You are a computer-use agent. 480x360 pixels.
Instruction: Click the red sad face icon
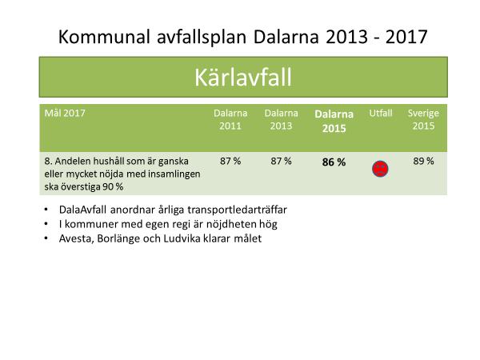point(380,169)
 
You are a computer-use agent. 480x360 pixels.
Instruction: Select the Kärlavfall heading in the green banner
point(243,78)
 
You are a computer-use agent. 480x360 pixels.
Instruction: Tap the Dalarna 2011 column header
point(230,119)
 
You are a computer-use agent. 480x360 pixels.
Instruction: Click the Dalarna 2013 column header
point(281,119)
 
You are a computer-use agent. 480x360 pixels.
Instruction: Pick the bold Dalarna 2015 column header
point(334,122)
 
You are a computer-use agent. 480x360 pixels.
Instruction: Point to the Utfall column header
point(381,114)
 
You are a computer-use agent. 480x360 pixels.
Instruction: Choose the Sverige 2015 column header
point(423,119)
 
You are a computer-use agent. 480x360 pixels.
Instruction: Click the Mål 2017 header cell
point(65,113)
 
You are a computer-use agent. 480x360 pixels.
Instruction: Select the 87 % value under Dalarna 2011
point(230,161)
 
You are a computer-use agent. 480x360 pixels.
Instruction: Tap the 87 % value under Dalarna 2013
point(281,161)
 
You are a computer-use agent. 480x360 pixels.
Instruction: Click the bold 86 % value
point(334,162)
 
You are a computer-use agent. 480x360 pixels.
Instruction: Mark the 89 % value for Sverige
point(423,161)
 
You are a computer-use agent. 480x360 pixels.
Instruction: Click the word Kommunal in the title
point(104,37)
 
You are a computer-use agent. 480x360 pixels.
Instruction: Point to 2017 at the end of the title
point(406,37)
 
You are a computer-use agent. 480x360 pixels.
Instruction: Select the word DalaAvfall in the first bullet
point(82,210)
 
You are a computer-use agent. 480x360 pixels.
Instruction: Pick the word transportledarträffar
point(237,210)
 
